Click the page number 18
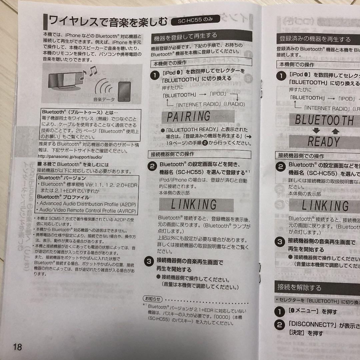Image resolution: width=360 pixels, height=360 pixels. coord(17,347)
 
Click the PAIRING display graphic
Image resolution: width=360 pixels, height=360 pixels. coord(189,116)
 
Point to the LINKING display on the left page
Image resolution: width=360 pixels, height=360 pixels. coord(194,204)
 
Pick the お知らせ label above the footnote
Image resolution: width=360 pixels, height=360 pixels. coord(152,298)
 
